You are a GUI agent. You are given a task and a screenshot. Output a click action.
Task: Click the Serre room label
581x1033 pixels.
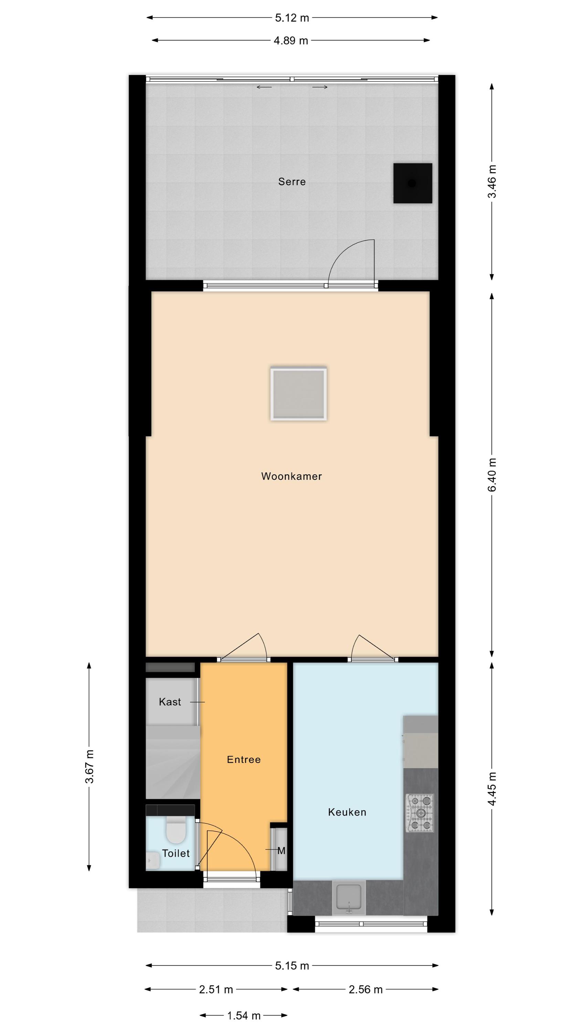click(x=292, y=182)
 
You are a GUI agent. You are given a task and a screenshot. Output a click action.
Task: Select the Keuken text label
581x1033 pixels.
click(x=347, y=812)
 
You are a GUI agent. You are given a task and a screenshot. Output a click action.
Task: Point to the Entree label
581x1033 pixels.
click(x=244, y=759)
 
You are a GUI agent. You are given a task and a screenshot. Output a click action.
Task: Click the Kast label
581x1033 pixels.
click(x=170, y=702)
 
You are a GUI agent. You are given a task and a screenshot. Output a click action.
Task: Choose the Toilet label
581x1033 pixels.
click(x=176, y=853)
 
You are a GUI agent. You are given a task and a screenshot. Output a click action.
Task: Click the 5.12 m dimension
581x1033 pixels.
click(x=292, y=18)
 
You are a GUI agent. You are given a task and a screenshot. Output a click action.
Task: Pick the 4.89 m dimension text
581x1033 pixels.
click(x=291, y=41)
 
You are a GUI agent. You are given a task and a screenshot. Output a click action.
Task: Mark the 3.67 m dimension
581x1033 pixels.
click(x=89, y=766)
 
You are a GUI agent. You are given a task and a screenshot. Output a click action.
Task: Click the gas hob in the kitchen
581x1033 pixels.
click(x=420, y=813)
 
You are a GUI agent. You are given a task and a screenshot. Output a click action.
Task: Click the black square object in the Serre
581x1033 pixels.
click(x=413, y=183)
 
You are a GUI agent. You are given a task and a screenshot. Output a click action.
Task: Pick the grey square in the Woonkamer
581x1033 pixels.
click(x=298, y=394)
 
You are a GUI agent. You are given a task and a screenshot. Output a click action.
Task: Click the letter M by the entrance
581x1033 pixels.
click(x=282, y=851)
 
